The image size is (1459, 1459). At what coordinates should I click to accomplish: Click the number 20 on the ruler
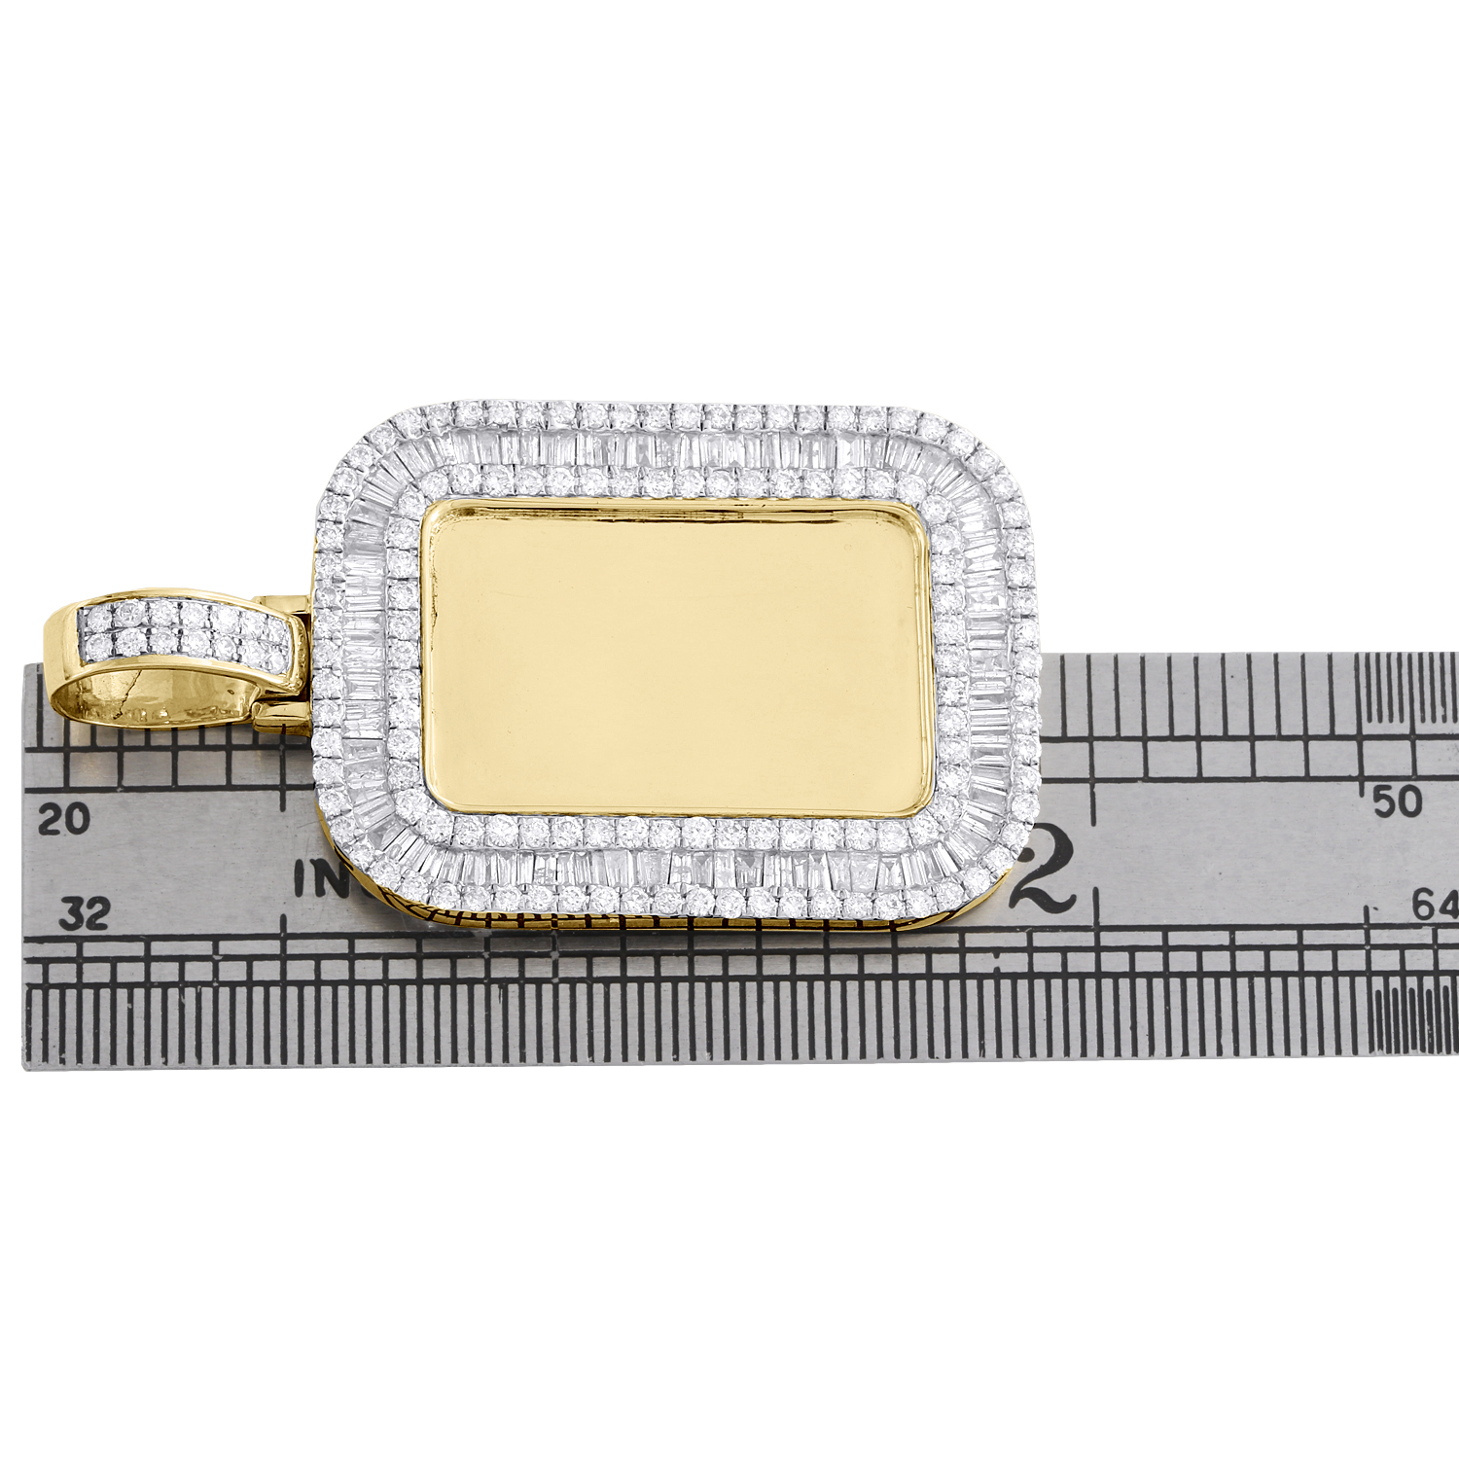click(x=63, y=819)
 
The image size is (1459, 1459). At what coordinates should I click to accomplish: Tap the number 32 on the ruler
click(x=84, y=913)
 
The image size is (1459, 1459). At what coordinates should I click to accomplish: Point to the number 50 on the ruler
click(x=1397, y=801)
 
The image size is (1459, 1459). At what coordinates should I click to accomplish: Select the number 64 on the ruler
click(x=1437, y=907)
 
